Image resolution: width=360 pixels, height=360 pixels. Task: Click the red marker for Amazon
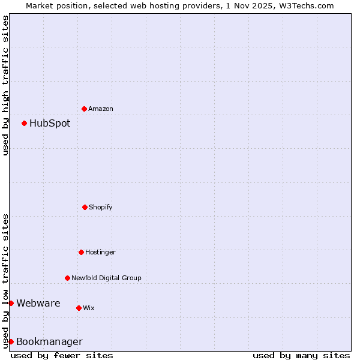coord(84,109)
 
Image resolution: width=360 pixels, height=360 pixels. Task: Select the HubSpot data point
coord(24,123)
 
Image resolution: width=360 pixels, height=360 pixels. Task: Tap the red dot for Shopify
coord(85,207)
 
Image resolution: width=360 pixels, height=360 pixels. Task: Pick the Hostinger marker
coord(81,252)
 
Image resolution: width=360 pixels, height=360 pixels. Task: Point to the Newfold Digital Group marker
coord(67,278)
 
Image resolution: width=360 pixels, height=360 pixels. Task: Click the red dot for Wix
coord(79,308)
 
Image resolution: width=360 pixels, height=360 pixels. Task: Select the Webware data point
coord(11,303)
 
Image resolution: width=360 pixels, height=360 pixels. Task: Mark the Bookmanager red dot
coord(11,341)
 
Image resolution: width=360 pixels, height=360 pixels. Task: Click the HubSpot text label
coord(50,124)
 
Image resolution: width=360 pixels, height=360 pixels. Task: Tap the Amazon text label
coord(101,109)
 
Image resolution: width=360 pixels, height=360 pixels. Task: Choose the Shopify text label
coord(101,208)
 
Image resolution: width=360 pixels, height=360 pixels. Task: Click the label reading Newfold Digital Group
coord(106,278)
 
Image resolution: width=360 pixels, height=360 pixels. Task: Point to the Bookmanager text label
coord(49,342)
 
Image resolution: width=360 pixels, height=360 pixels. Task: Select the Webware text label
coord(38,304)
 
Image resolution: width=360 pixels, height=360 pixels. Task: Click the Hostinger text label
coord(100,253)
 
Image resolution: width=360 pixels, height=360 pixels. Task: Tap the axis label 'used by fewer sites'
coord(62,355)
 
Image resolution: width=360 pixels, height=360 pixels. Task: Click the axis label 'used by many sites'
coord(301,355)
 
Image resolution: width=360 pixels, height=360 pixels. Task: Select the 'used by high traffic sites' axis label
coord(5,85)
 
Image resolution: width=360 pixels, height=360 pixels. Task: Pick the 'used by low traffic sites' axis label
coord(5,280)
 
